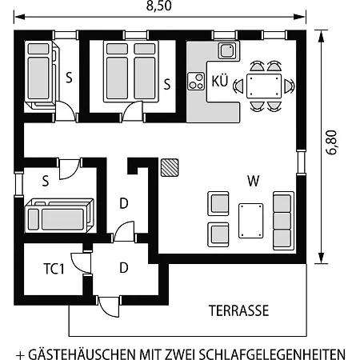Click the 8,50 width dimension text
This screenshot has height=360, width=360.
click(x=159, y=6)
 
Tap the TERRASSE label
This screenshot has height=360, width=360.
click(x=238, y=310)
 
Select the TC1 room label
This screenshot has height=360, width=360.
click(x=54, y=269)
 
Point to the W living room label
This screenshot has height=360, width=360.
click(x=253, y=181)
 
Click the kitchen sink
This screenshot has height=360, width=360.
click(x=227, y=50)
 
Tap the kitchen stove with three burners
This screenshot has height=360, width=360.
click(x=196, y=81)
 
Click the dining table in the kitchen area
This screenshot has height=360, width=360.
click(x=264, y=86)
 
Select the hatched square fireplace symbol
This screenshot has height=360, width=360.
click(x=170, y=168)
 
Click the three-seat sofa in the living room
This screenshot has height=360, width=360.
click(x=283, y=221)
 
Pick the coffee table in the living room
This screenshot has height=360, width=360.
click(x=251, y=221)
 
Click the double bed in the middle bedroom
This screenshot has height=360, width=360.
click(x=131, y=71)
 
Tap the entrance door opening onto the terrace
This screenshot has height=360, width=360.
click(x=108, y=306)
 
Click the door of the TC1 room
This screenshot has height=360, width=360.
click(x=81, y=262)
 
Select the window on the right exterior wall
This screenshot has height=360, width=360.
click(x=302, y=162)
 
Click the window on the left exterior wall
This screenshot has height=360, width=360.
click(x=18, y=184)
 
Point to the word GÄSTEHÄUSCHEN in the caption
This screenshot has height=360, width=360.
click(x=82, y=354)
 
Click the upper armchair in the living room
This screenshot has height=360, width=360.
click(x=218, y=203)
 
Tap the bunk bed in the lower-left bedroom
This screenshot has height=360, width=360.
click(x=59, y=215)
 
